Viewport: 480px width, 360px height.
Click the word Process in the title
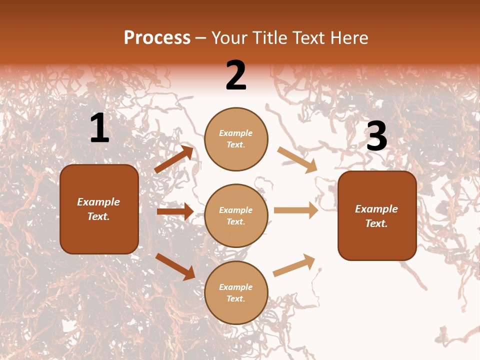pyautogui.click(x=157, y=37)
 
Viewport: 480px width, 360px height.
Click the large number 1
pyautogui.click(x=99, y=128)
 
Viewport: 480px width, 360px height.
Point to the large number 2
pyautogui.click(x=236, y=75)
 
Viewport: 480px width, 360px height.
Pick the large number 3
pyautogui.click(x=376, y=136)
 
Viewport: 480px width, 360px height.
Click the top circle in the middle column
pyautogui.click(x=236, y=139)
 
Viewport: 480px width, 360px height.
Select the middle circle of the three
pyautogui.click(x=236, y=216)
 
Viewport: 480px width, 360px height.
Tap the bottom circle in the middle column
pyautogui.click(x=236, y=293)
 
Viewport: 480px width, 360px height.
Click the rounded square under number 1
pyautogui.click(x=99, y=209)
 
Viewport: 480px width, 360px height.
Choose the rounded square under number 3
pyautogui.click(x=377, y=216)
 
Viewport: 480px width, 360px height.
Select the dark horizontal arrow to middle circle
pyautogui.click(x=175, y=211)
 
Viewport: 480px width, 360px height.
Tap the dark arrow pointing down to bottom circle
pyautogui.click(x=175, y=266)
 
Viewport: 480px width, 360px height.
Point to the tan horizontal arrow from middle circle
pyautogui.click(x=296, y=210)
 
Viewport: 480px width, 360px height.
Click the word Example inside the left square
pyautogui.click(x=98, y=202)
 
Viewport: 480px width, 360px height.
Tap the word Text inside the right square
pyautogui.click(x=376, y=223)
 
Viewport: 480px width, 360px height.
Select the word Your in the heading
pyautogui.click(x=230, y=37)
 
